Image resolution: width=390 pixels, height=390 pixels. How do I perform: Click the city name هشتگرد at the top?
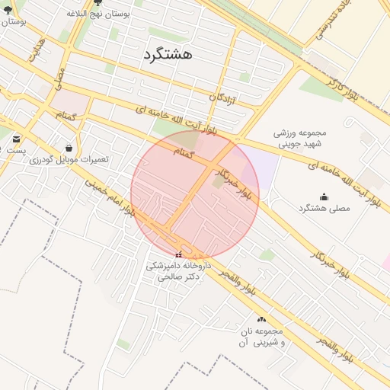point(167,55)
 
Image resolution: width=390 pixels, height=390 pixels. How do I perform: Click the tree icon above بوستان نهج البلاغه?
point(97,2)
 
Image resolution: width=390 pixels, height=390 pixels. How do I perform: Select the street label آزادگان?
point(228,97)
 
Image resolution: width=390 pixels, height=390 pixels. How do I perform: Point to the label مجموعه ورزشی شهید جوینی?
point(299,137)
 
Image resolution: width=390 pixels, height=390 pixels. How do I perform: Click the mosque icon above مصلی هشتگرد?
point(324,197)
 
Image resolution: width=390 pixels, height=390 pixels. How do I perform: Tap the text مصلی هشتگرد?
point(324,208)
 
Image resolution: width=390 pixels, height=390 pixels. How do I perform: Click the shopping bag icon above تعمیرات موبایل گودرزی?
point(69,148)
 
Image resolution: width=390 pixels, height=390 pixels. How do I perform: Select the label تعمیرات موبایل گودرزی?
point(69,159)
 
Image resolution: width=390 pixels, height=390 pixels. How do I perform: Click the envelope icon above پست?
point(17,139)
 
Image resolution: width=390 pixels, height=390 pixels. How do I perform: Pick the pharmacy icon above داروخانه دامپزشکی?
point(179,254)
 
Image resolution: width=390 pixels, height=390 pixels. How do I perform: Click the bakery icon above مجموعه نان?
point(262,320)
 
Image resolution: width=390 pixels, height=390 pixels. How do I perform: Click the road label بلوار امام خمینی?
point(110,197)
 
